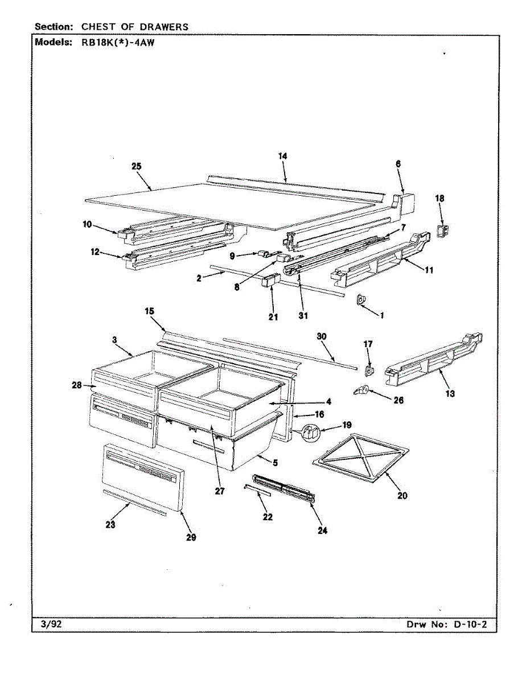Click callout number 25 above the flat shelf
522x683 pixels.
[136, 166]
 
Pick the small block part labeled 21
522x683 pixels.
[270, 282]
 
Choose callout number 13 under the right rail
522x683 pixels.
[450, 393]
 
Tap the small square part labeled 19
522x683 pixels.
[310, 433]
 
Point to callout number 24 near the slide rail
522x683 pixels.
[322, 530]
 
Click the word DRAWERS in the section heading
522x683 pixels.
[166, 26]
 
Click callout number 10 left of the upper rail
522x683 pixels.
[87, 225]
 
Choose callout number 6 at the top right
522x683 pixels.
[398, 163]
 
